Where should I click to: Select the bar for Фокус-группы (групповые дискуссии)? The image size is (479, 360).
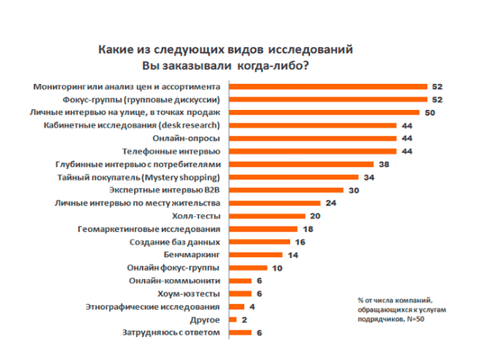coord(328,99)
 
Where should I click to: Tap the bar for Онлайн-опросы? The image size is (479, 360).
coord(313,138)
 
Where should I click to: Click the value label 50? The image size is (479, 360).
coord(431,112)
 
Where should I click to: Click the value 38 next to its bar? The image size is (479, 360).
coord(383,164)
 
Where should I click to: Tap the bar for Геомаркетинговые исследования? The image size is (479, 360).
coord(262,230)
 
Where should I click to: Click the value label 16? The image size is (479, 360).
coord(300,242)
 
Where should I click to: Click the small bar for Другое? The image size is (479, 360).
coord(233,320)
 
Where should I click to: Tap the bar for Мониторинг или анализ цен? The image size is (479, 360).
coord(328,86)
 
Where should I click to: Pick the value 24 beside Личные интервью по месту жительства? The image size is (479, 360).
coord(330,203)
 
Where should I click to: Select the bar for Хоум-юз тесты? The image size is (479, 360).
coord(240,294)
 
